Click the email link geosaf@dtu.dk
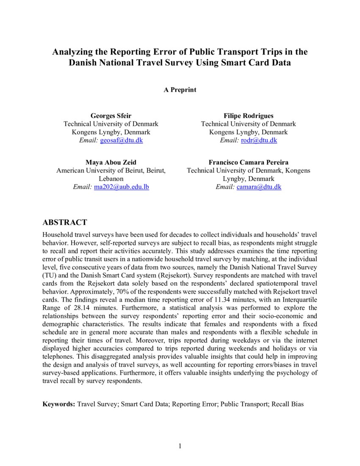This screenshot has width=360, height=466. [122, 140]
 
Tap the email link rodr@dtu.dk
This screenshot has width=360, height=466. [259, 140]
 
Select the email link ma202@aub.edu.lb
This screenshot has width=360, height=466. [121, 187]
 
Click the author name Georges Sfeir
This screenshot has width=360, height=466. [111, 116]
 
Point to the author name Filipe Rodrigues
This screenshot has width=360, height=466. [248, 116]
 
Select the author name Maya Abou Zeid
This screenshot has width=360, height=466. [111, 162]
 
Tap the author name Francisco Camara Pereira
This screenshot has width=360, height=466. [248, 162]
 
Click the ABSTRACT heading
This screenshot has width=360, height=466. [65, 223]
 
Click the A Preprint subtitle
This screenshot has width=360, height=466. [180, 90]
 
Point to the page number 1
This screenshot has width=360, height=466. [180, 446]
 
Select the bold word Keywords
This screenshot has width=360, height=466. [58, 404]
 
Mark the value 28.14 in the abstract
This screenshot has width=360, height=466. [72, 308]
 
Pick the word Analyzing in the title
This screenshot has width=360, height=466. [73, 52]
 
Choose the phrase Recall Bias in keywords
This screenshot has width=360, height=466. [288, 404]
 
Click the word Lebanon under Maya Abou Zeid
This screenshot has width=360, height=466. [111, 179]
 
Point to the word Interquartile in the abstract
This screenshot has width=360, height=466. [299, 300]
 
